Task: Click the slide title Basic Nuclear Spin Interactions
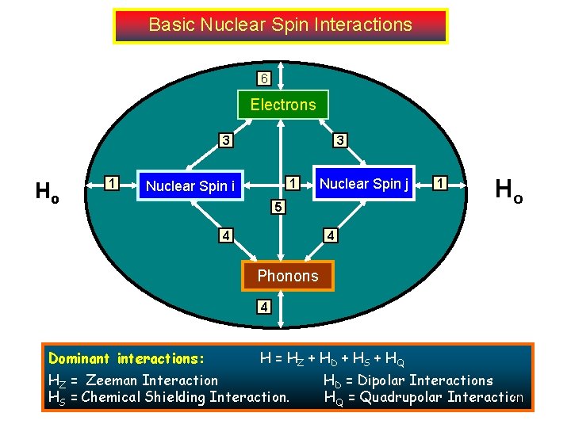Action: (x=281, y=25)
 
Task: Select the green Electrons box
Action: (x=283, y=105)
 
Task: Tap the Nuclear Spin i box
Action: (x=190, y=186)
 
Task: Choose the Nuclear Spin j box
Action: (x=364, y=184)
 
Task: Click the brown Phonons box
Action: (x=287, y=276)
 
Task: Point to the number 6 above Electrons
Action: (x=264, y=78)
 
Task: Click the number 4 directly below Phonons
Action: (x=262, y=307)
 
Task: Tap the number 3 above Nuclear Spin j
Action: (x=339, y=141)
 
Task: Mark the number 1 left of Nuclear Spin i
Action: (x=113, y=184)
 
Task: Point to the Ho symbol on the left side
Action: (x=48, y=191)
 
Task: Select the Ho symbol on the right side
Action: (x=508, y=189)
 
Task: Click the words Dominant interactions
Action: (x=127, y=359)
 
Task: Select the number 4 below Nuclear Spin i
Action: (x=227, y=235)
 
